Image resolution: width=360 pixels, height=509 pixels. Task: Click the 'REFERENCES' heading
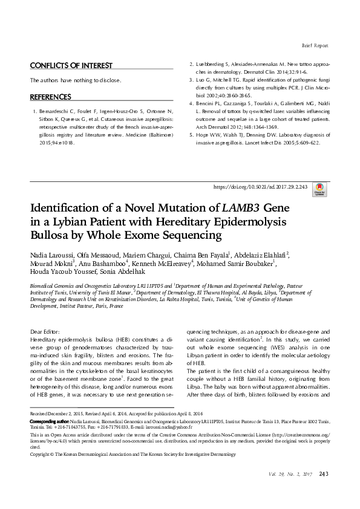click(x=51, y=97)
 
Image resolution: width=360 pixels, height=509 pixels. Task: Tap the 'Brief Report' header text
click(x=315, y=45)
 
